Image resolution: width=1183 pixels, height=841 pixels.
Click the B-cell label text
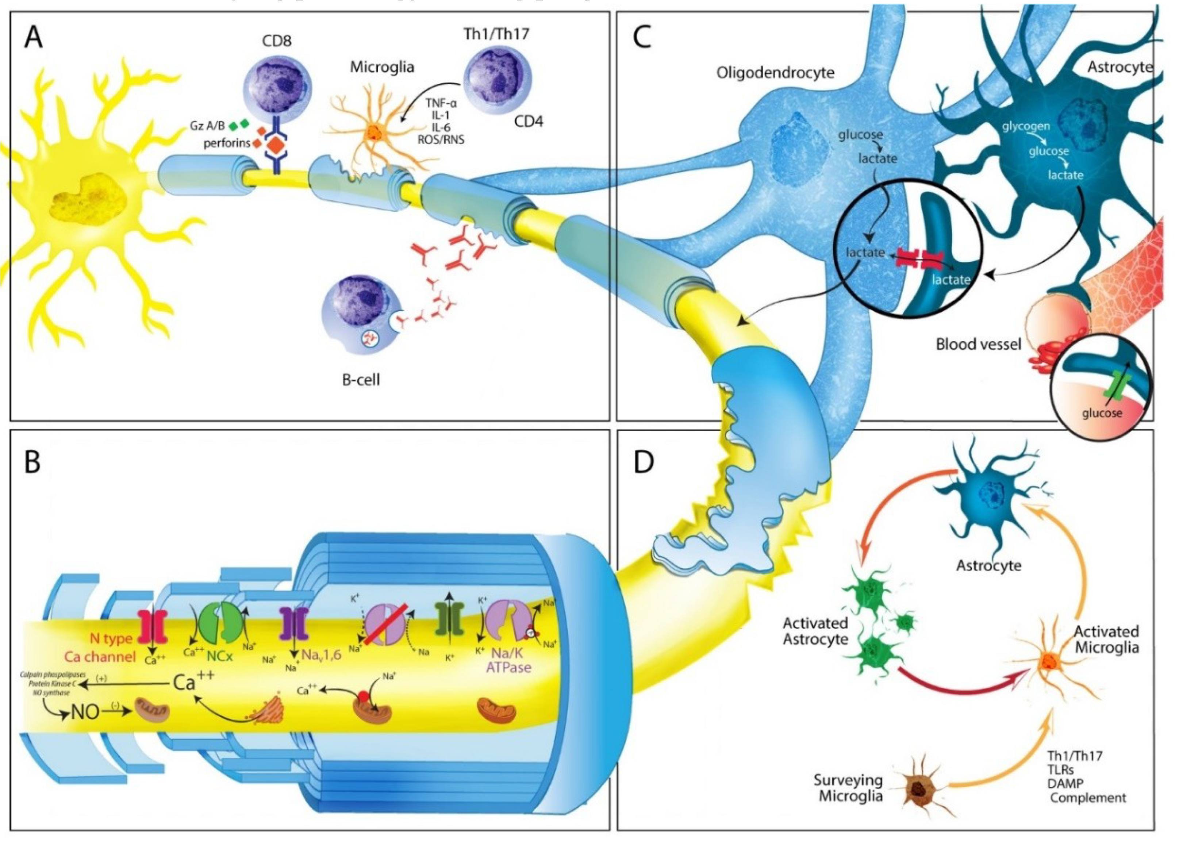361,380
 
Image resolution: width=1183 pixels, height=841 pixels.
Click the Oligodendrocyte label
775,73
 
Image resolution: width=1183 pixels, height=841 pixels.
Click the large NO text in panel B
85,712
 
